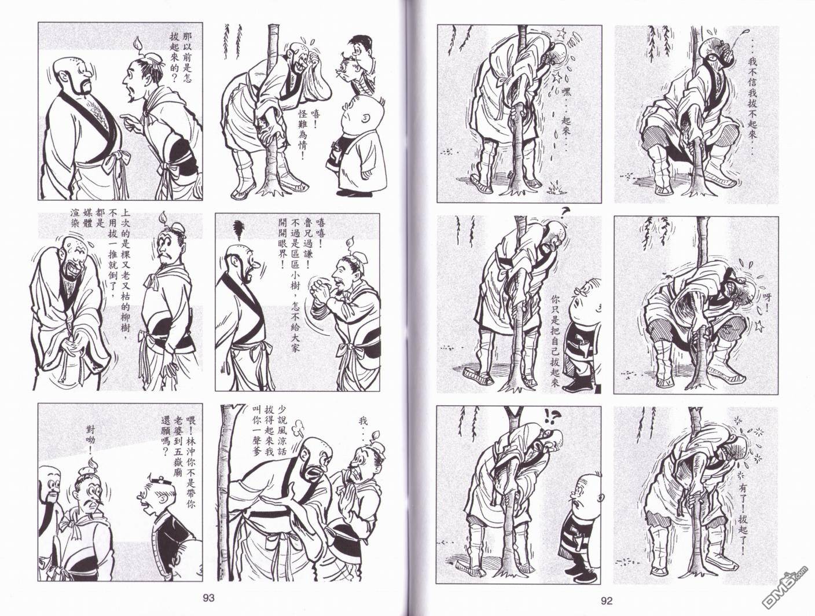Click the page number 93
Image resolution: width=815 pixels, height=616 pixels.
pos(208,598)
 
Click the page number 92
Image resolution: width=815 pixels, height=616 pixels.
pos(606,601)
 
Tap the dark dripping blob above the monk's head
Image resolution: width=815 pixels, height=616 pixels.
pos(238,230)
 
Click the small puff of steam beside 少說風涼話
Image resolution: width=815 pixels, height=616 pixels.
pos(298,432)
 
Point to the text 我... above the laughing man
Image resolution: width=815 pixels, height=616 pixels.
pos(363,427)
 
